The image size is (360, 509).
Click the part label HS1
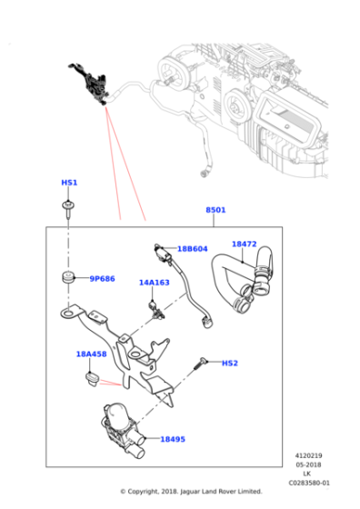69,183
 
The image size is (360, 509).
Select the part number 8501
215,210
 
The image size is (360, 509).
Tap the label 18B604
192,248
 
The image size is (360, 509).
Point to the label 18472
244,244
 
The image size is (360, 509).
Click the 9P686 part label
102,279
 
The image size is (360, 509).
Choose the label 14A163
155,283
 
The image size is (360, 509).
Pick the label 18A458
91,354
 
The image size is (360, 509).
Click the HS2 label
230,363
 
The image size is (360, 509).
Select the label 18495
173,439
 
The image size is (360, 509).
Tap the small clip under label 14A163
156,312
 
